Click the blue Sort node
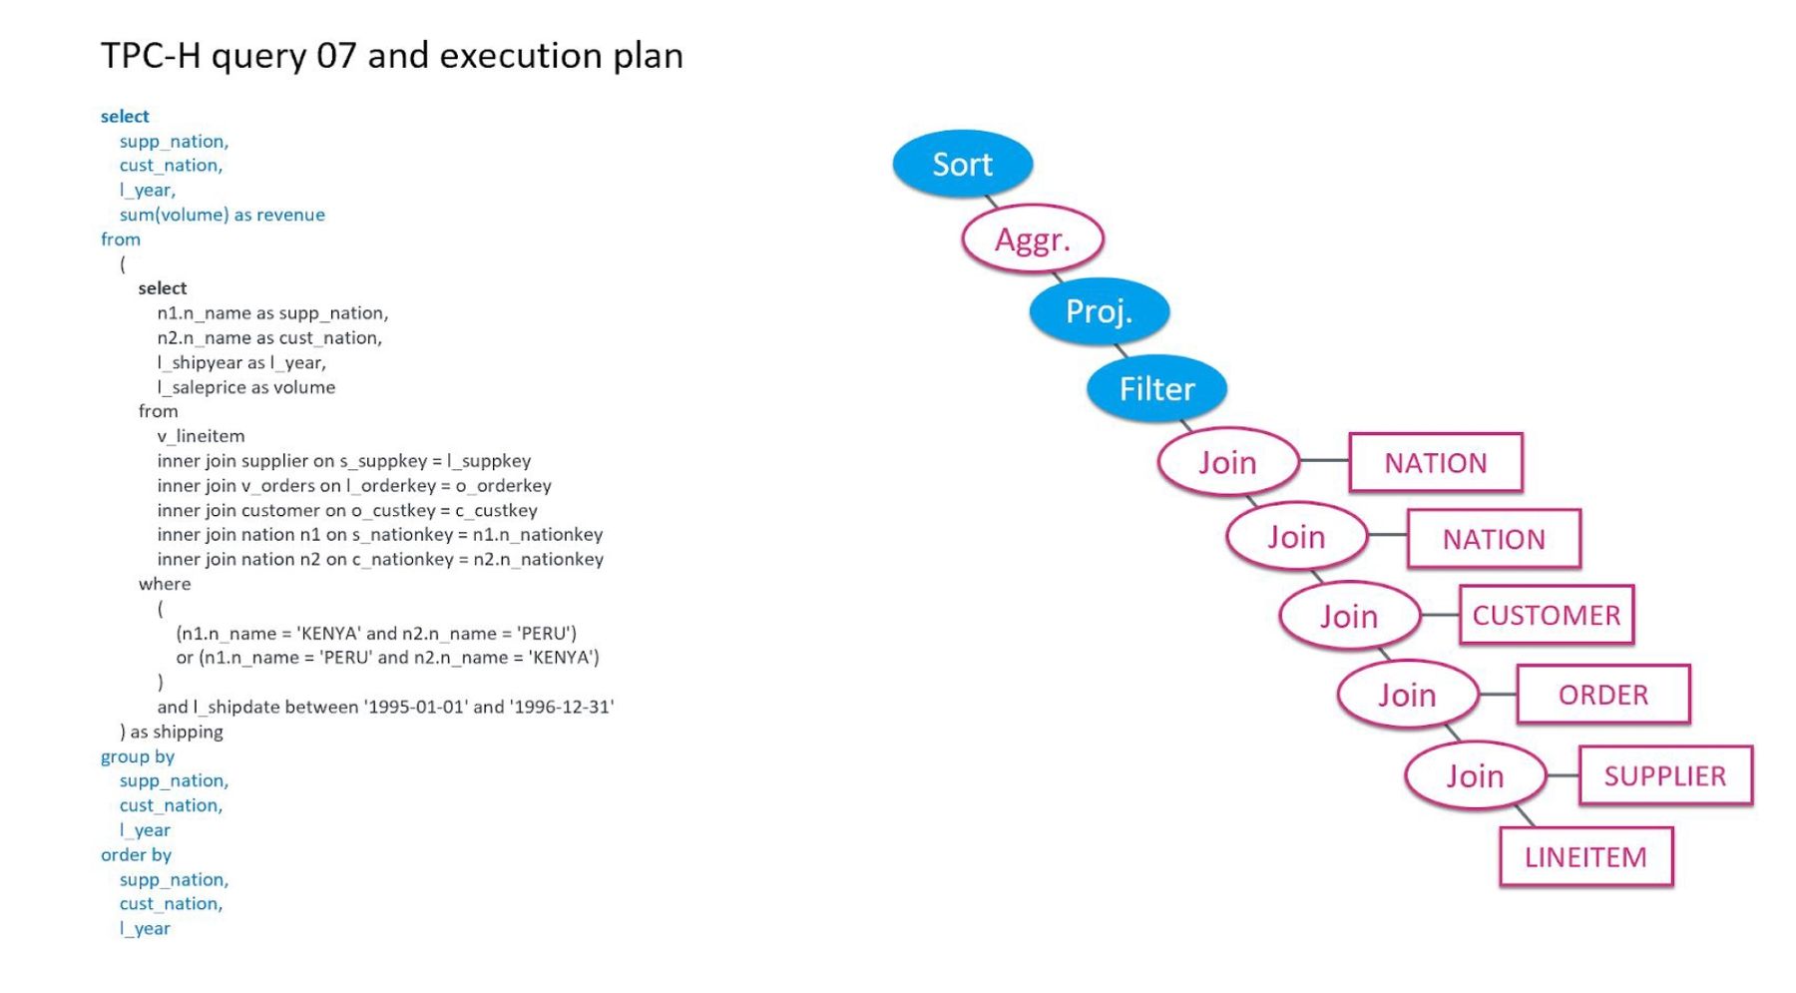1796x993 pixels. point(962,164)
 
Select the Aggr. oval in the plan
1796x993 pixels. point(1032,240)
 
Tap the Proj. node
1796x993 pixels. point(1099,311)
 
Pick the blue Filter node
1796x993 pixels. point(1156,388)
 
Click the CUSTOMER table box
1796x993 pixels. point(1546,615)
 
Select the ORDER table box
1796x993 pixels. point(1602,695)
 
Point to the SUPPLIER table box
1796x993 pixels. point(1664,775)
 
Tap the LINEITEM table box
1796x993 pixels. point(1584,856)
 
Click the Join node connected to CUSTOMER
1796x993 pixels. point(1349,616)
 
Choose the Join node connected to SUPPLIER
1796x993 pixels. point(1475,775)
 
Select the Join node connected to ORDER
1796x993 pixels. point(1407,695)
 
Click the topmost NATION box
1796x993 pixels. point(1435,463)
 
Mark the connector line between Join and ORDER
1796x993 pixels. point(1497,695)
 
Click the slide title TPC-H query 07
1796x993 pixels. point(391,56)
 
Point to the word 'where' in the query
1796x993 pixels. point(165,584)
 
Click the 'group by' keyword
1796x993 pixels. point(138,756)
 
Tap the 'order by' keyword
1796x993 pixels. point(136,855)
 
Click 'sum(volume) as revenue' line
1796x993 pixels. point(222,215)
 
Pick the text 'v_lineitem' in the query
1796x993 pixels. point(201,436)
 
